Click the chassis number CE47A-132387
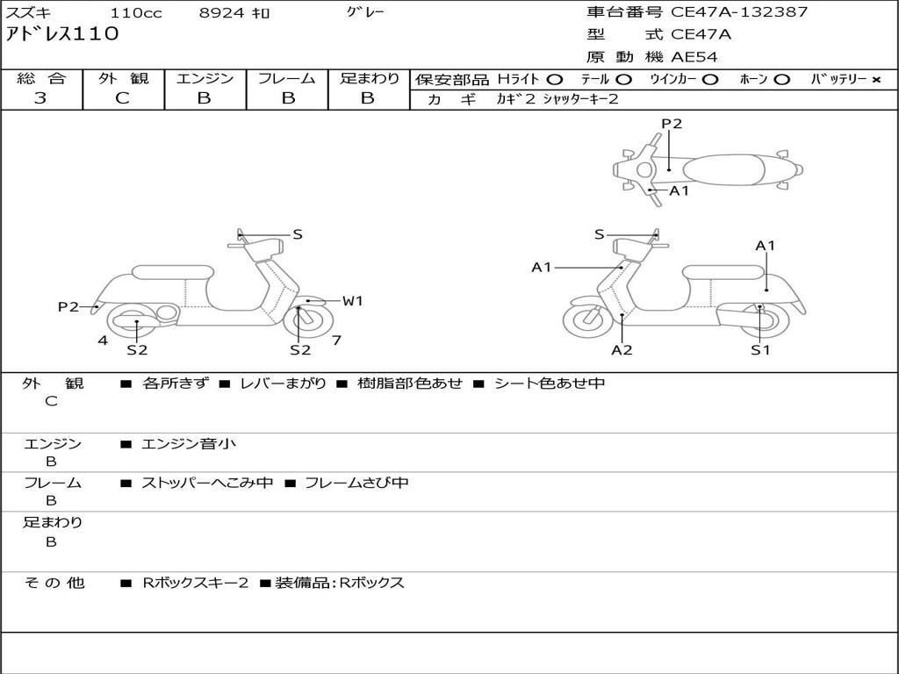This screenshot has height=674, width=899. click(x=739, y=12)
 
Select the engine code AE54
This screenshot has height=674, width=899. click(x=694, y=58)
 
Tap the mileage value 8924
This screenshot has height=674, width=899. click(x=222, y=13)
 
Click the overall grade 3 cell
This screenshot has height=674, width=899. click(x=41, y=98)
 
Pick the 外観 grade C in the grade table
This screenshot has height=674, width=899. click(x=123, y=98)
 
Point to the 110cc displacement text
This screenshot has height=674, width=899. click(x=136, y=13)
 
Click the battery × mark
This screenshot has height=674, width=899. click(x=875, y=79)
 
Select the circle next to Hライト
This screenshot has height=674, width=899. click(x=554, y=79)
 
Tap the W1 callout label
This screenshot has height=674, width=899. click(x=352, y=301)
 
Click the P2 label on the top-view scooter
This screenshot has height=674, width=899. click(x=672, y=124)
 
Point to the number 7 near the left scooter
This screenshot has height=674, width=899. click(x=336, y=340)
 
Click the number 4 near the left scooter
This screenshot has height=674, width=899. click(x=103, y=340)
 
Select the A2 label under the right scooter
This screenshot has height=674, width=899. click(x=622, y=350)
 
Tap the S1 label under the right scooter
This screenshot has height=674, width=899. click(x=760, y=350)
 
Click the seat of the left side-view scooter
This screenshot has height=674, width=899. click(x=172, y=271)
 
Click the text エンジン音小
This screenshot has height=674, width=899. click(x=189, y=444)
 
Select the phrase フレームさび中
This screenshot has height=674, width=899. click(x=356, y=483)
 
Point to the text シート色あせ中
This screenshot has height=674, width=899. click(x=550, y=384)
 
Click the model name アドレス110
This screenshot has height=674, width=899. click(x=62, y=35)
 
